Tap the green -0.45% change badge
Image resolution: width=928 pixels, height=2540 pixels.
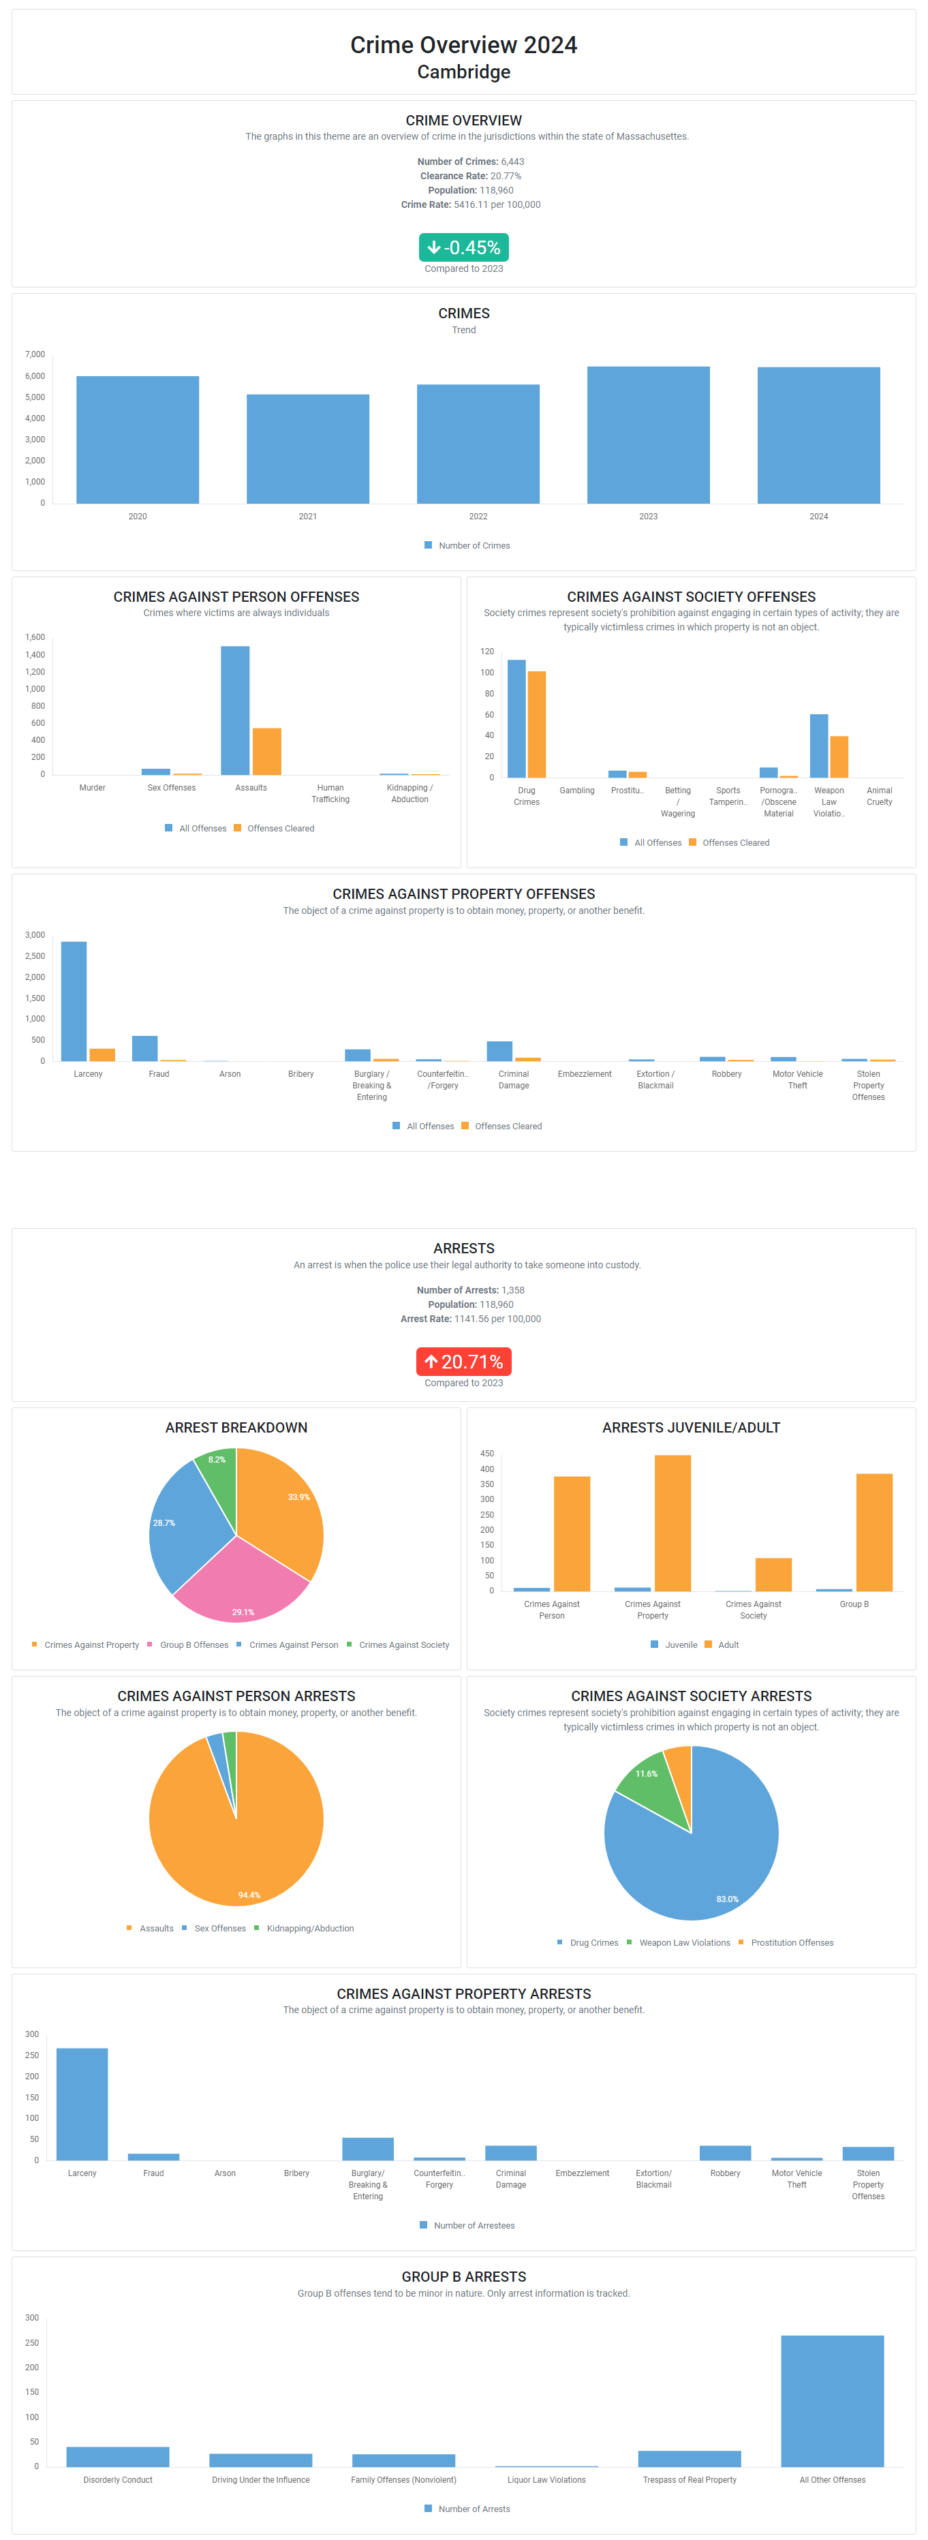[463, 247]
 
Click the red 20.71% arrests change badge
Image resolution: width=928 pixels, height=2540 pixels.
[463, 1362]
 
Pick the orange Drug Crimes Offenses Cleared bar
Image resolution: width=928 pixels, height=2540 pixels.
[536, 724]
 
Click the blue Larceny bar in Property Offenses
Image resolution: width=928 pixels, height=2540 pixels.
[74, 1001]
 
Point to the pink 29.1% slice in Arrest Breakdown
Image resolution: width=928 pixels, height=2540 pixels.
[242, 1582]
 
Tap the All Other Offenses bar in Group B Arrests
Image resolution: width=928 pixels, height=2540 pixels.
[833, 2400]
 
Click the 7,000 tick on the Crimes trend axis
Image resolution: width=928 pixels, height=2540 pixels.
[35, 354]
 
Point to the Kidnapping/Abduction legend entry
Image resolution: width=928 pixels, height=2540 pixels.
[309, 1929]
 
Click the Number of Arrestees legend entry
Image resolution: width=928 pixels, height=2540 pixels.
[474, 2225]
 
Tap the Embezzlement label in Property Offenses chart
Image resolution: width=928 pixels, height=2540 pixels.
[585, 1074]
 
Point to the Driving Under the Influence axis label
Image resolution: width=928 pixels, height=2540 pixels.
[260, 2480]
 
